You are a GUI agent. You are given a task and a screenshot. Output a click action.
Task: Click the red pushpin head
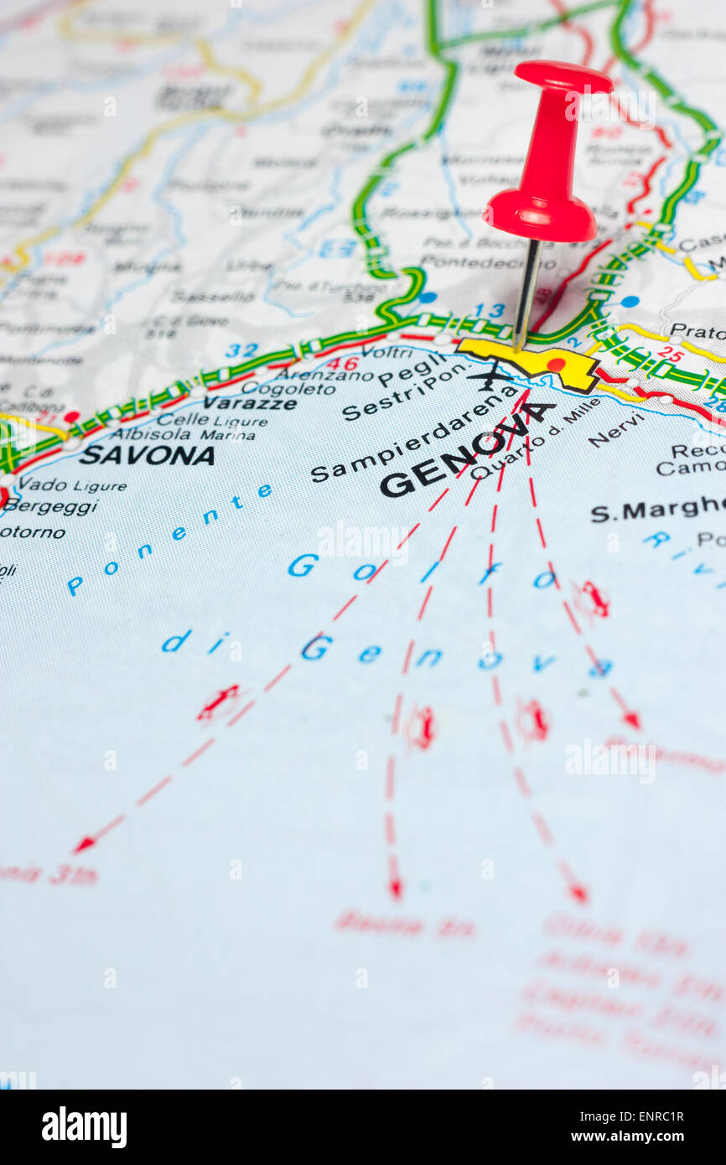click(x=546, y=159)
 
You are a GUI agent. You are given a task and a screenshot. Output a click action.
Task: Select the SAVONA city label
click(x=148, y=455)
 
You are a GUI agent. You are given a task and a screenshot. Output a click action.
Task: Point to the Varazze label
click(x=250, y=403)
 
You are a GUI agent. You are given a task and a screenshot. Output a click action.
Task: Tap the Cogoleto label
click(x=289, y=388)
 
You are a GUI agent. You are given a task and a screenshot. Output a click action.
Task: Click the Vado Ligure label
click(x=73, y=485)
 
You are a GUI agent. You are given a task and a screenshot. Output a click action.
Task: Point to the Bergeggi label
click(x=50, y=507)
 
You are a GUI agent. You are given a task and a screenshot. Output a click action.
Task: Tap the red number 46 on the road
click(x=342, y=364)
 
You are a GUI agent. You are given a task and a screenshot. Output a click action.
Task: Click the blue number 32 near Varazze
click(x=241, y=350)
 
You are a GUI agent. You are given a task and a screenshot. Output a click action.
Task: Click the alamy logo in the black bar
click(x=84, y=1127)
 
